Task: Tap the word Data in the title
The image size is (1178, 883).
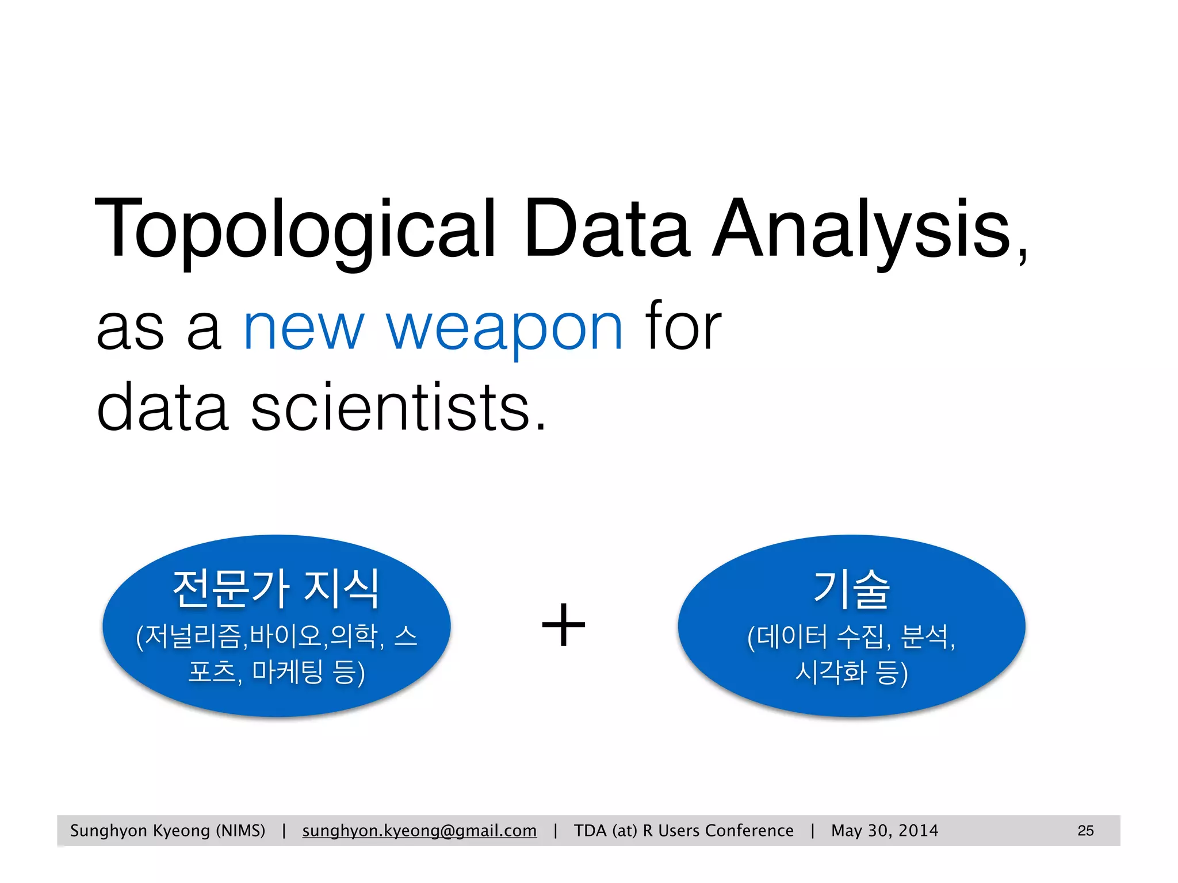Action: (606, 229)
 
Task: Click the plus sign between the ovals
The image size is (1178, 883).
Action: (564, 625)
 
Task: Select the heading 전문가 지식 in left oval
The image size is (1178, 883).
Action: (276, 589)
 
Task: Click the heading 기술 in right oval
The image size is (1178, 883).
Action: (852, 589)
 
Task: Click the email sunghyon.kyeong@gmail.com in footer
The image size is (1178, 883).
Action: (419, 831)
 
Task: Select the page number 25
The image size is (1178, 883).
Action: (1085, 831)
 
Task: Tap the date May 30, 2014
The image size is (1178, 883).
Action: (884, 831)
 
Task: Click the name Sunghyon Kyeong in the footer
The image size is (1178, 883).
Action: (140, 831)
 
